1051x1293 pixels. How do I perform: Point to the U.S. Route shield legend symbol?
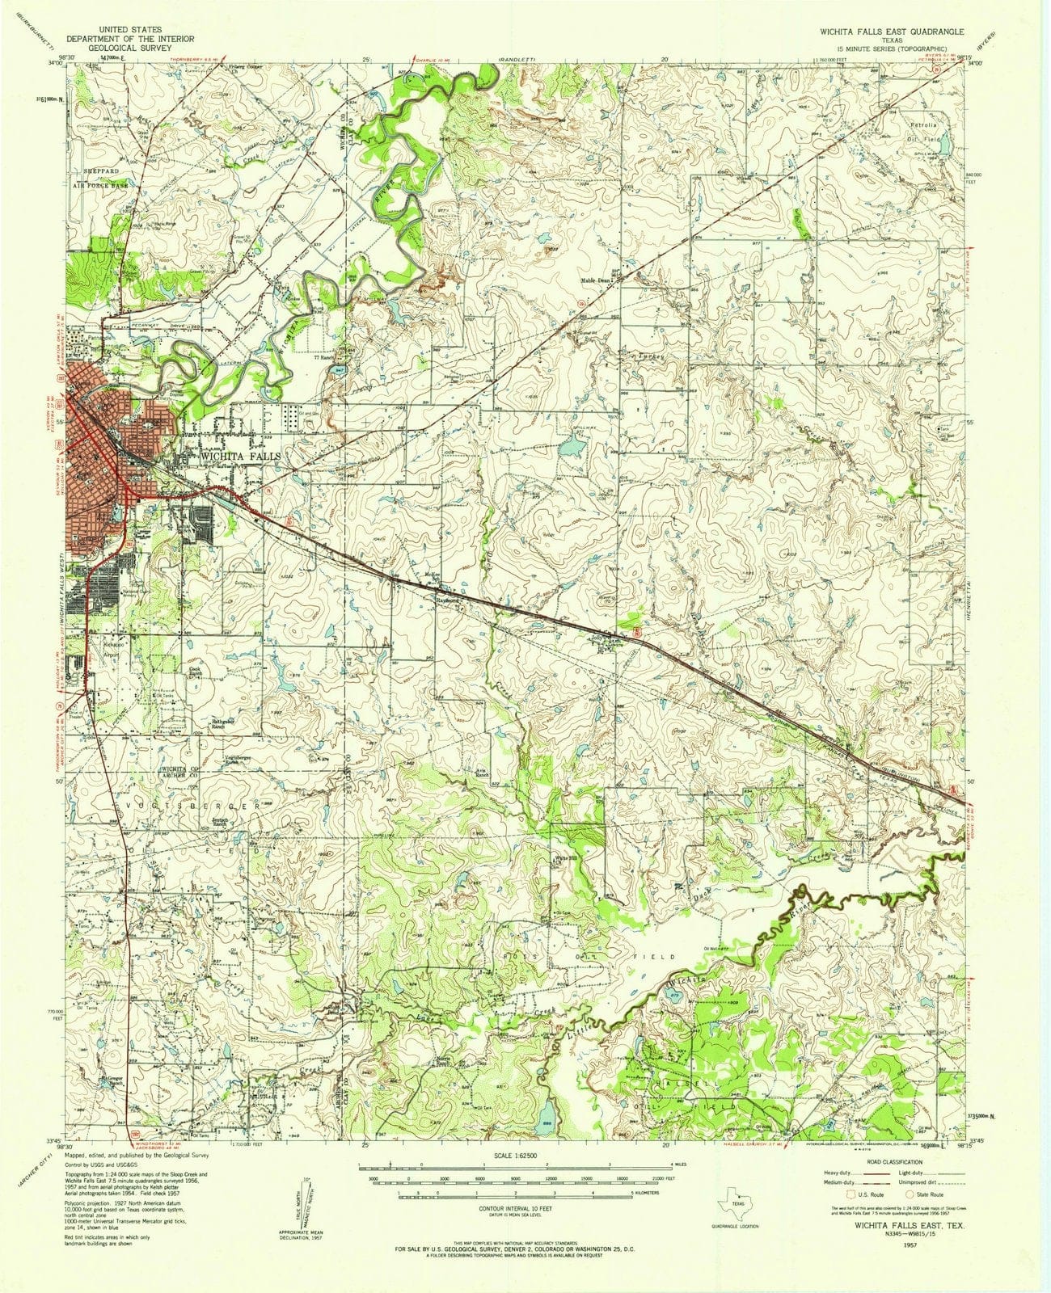(848, 1191)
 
